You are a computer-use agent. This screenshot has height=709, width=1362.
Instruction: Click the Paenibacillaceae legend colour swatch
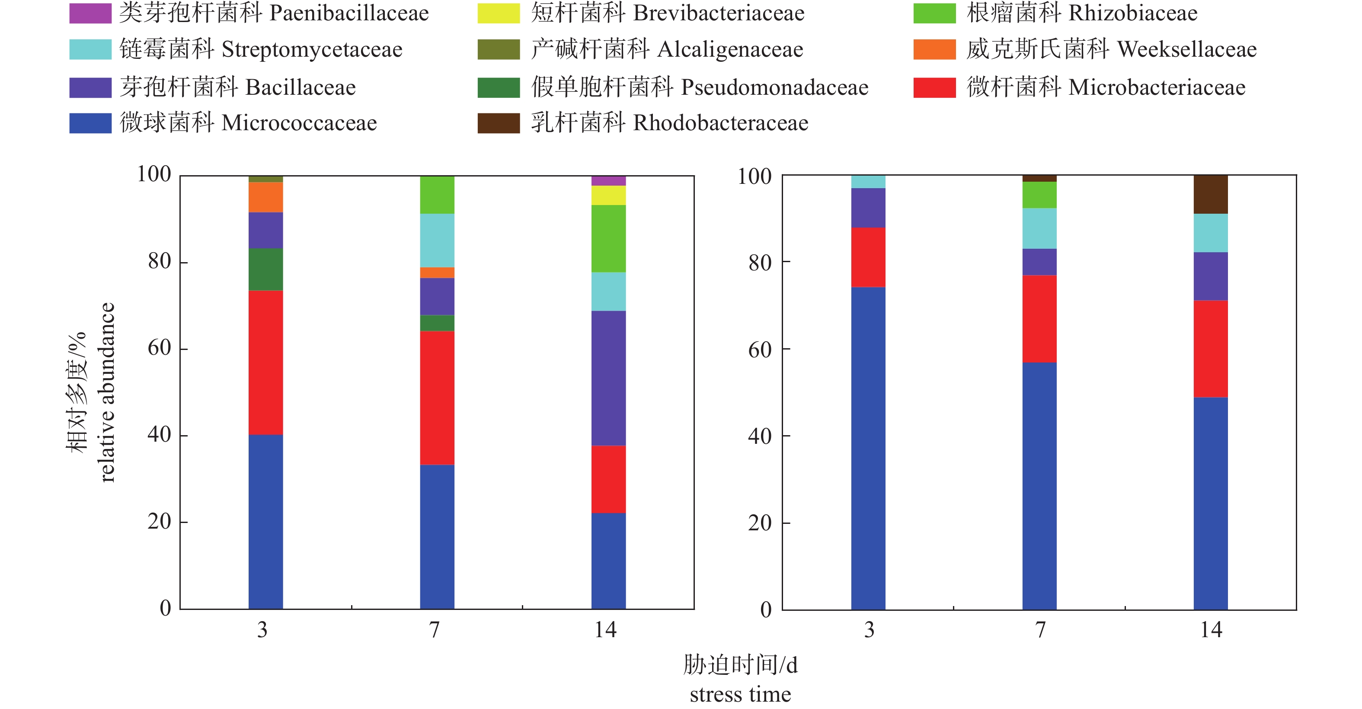pos(90,13)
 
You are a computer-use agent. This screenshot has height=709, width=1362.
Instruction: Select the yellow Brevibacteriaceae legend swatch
pos(498,13)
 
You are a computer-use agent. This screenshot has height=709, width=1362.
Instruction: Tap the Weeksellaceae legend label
pos(1111,49)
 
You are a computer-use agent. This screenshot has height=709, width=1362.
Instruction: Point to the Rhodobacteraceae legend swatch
pos(498,123)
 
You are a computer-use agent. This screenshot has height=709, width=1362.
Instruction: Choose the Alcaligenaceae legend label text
pos(667,49)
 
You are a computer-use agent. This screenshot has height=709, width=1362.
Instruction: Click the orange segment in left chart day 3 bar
pos(265,197)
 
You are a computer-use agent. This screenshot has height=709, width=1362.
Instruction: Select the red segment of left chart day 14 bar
pos(608,479)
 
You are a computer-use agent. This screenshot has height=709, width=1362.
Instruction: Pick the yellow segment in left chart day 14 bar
pos(608,195)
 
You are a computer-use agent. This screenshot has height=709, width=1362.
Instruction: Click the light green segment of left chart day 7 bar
pos(437,195)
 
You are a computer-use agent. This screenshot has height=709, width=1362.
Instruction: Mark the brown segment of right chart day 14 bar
pos(1210,194)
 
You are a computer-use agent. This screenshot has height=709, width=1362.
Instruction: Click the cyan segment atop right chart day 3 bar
pos(868,182)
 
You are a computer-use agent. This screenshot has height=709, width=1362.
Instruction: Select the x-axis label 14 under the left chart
pos(605,630)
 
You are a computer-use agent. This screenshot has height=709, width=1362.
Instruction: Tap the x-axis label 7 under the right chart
pos(1040,630)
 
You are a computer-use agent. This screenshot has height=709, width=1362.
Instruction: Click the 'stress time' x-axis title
pos(740,694)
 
